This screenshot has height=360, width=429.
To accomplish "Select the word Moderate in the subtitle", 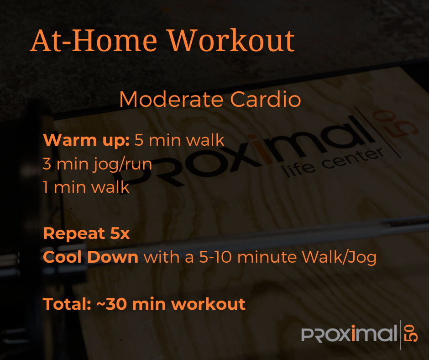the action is tap(171, 99).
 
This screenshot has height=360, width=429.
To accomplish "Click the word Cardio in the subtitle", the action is tap(266, 99).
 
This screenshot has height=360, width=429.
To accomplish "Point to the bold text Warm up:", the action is tap(86, 140).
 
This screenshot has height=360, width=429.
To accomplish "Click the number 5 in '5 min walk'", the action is tap(139, 140).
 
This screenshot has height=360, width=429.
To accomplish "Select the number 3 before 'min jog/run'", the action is tap(47, 164).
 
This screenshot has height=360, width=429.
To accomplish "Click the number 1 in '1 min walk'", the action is tap(46, 187).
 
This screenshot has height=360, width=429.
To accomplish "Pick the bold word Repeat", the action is tap(74, 233).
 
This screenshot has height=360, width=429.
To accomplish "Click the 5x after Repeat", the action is tap(120, 233).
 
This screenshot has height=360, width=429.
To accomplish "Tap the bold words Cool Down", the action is tap(90, 257).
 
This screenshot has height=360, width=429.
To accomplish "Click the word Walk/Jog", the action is tap(339, 258).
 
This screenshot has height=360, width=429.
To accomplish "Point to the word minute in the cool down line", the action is tap(267, 257).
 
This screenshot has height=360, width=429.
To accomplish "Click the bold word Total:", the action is tap(67, 304).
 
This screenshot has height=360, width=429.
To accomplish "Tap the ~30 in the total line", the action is tap(112, 304).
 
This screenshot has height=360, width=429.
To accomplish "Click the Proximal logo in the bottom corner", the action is tap(359, 334).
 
